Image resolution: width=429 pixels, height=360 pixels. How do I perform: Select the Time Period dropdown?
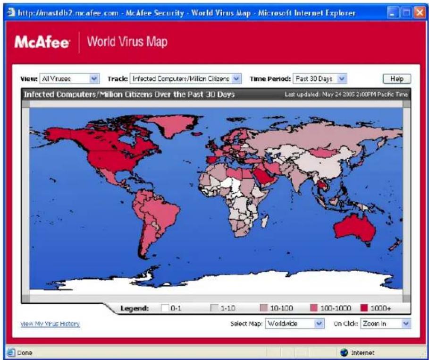pyautogui.click(x=320, y=79)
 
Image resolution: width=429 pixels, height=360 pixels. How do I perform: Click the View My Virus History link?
pyautogui.click(x=50, y=324)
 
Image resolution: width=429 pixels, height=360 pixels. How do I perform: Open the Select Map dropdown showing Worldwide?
pyautogui.click(x=294, y=324)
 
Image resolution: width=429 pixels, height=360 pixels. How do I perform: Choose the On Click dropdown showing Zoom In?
pyautogui.click(x=385, y=324)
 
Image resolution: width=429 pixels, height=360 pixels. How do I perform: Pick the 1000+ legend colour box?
pyautogui.click(x=364, y=308)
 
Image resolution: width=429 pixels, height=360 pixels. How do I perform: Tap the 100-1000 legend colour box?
pyautogui.click(x=314, y=308)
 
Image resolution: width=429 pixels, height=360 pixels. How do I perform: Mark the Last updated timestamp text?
pyautogui.click(x=346, y=94)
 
